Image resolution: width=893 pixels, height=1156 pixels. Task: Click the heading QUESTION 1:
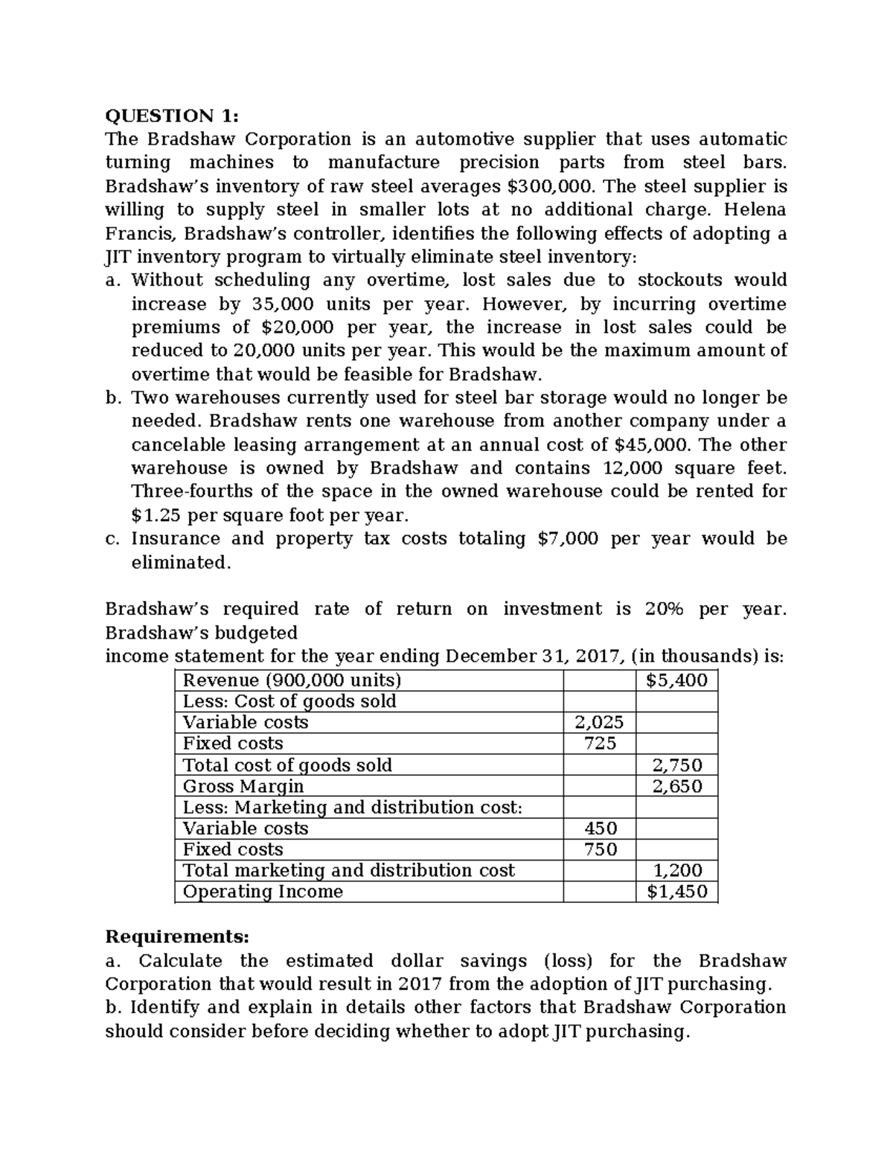tap(173, 116)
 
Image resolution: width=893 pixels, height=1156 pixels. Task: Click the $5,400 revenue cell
tap(676, 680)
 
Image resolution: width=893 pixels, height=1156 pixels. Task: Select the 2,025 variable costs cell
tap(599, 722)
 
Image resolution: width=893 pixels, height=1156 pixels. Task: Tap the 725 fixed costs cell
tap(599, 743)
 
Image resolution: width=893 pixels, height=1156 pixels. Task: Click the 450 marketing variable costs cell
tap(600, 828)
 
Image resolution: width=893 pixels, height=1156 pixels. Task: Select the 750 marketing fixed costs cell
tap(600, 849)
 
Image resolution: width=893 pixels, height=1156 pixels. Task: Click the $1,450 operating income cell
tap(676, 892)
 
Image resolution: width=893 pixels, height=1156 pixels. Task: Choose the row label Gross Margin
tap(243, 786)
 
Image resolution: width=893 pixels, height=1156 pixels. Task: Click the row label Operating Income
tap(263, 892)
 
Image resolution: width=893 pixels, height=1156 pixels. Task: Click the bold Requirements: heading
tap(177, 936)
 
